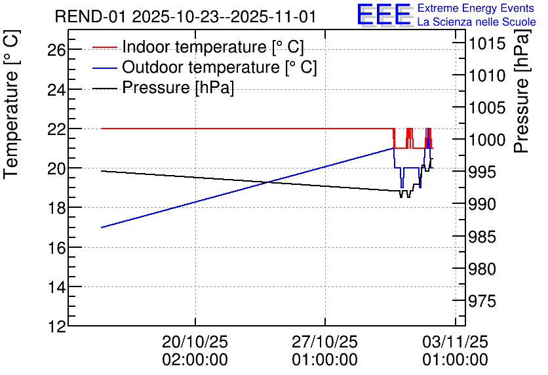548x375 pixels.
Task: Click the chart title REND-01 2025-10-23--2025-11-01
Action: coord(186,17)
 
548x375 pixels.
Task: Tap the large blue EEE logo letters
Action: coord(384,14)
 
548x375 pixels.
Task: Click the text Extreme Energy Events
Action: coord(476,8)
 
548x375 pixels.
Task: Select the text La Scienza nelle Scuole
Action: coord(477,22)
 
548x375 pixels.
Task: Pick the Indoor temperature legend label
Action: coord(213,47)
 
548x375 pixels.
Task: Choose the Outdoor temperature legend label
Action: coord(219,67)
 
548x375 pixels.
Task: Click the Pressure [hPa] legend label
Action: coord(178,87)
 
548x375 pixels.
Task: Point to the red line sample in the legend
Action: coord(104,47)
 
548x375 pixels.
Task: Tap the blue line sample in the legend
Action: coord(104,68)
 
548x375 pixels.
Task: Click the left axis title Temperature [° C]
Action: coord(11,104)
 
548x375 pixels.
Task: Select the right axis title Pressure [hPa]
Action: coord(522,91)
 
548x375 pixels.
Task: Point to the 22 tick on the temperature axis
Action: coord(56,129)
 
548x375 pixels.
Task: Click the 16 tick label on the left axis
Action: coord(56,248)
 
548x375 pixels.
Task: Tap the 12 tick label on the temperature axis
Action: coord(56,327)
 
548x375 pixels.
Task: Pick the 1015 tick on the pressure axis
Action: coord(487,44)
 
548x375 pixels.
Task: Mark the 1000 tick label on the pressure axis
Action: coord(487,140)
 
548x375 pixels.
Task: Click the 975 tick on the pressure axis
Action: coord(482,301)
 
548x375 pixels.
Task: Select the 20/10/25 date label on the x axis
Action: coord(195,342)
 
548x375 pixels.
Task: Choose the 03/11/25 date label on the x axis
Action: coord(455,342)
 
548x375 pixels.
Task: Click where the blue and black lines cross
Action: coord(268,182)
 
